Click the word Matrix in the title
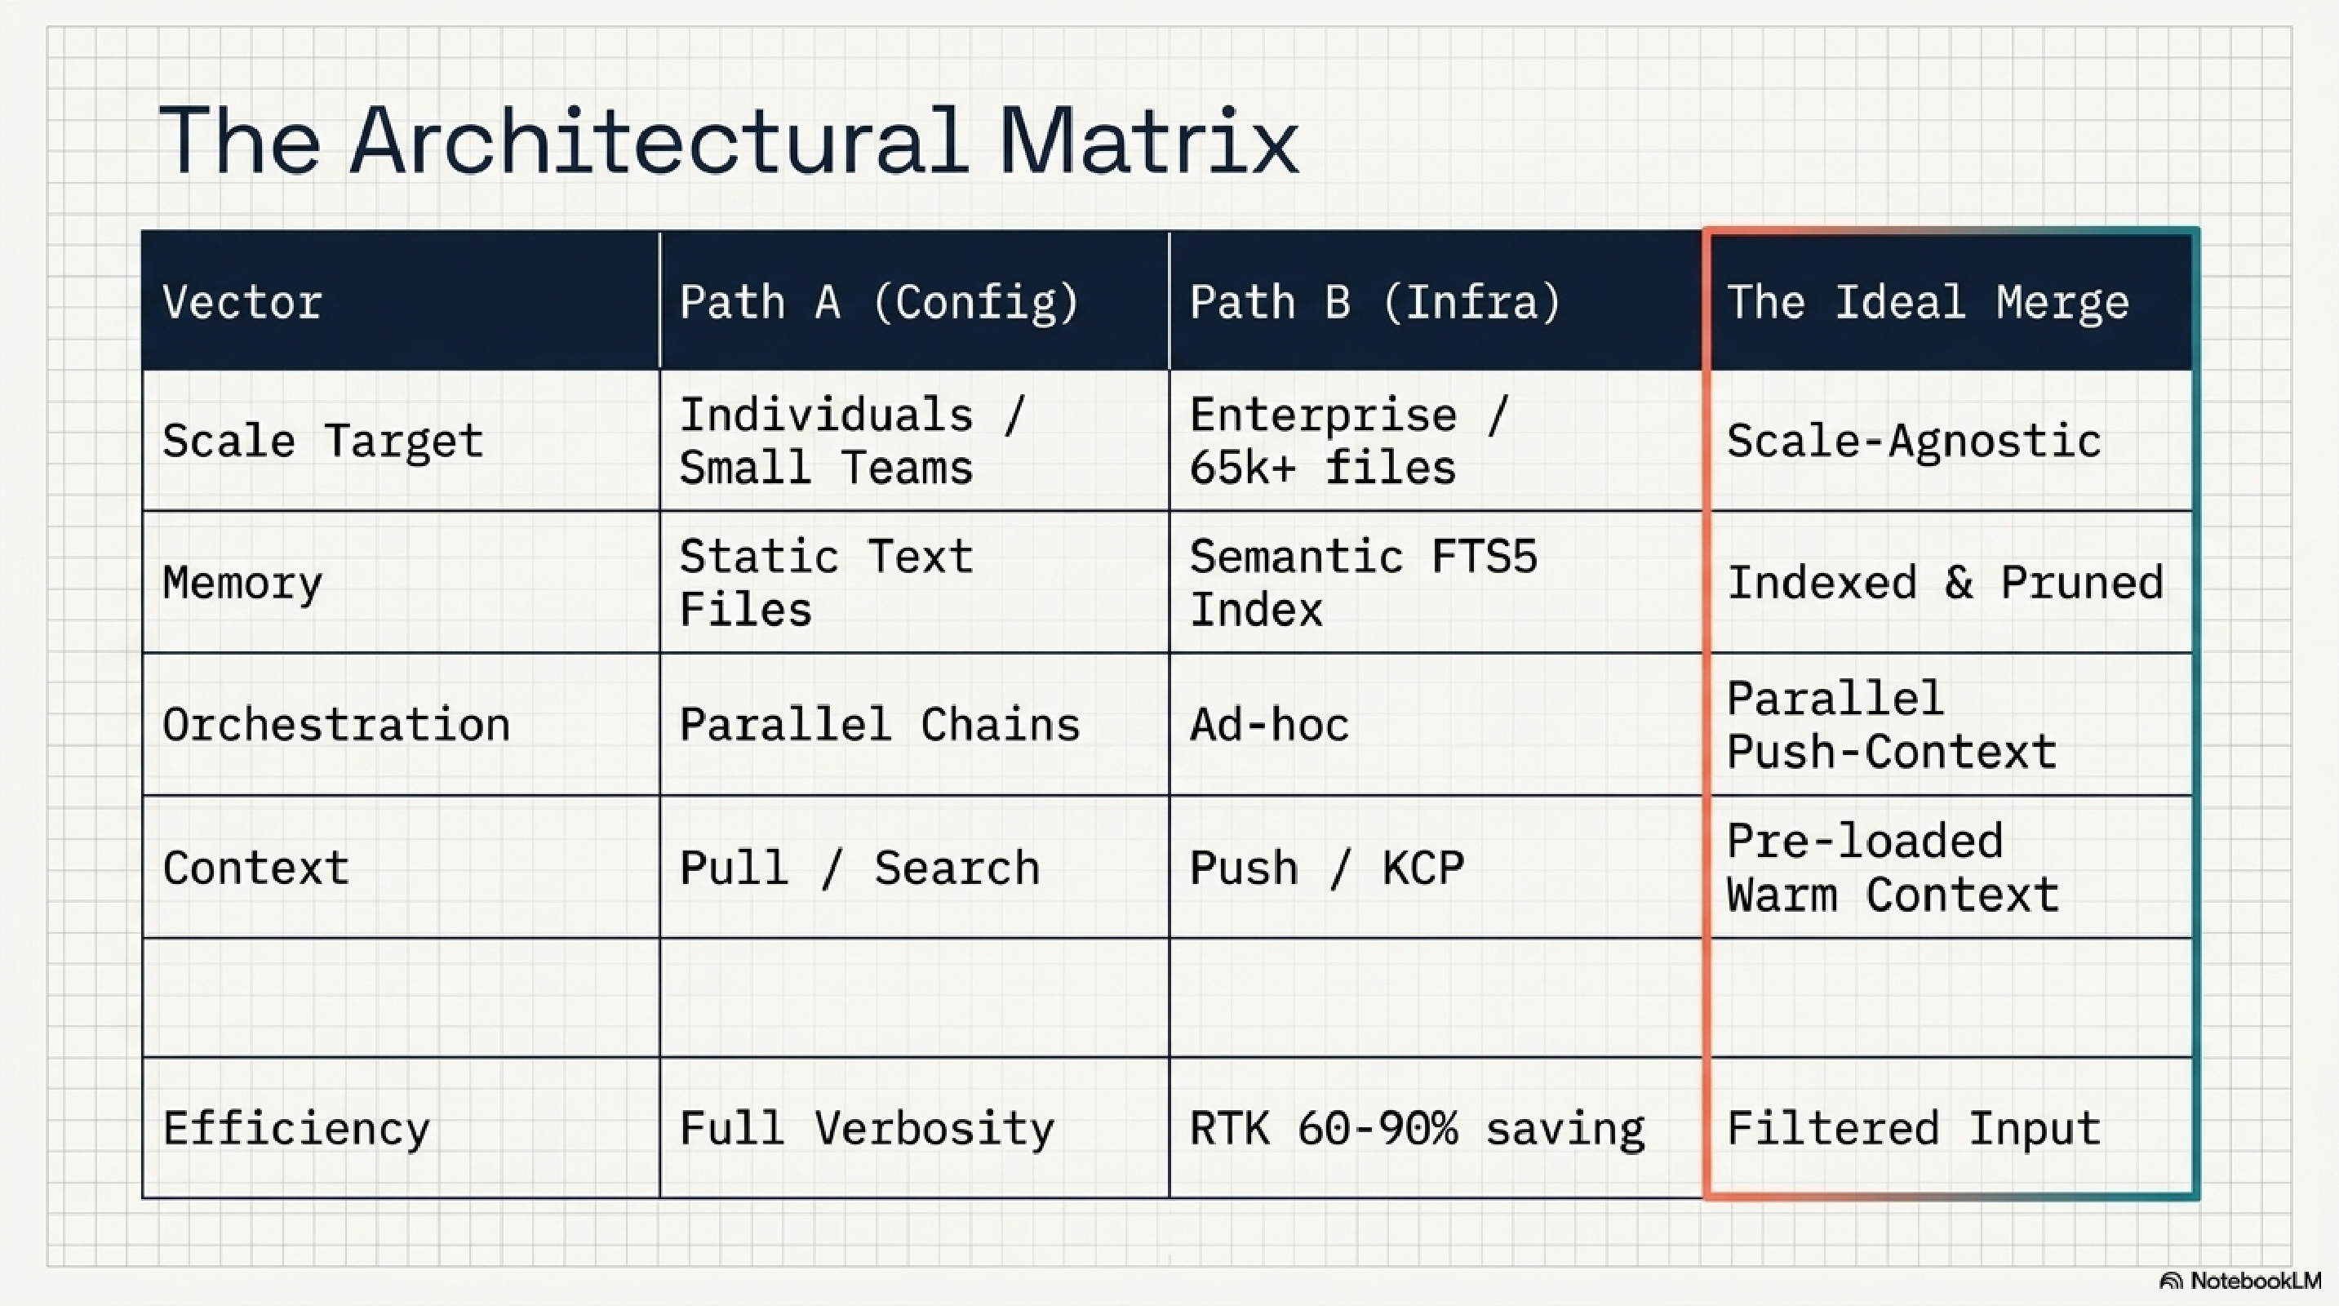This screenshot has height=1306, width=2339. tap(1147, 140)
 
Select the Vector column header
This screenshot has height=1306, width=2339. tap(242, 301)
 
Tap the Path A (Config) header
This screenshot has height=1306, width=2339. tap(879, 301)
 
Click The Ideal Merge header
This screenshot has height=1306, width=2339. tap(1927, 301)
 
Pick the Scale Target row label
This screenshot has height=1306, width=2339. tap(322, 442)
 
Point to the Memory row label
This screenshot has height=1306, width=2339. tap(242, 583)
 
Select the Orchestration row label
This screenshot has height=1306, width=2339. tap(336, 725)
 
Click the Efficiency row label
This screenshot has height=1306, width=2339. tap(296, 1129)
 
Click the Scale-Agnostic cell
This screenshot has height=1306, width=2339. tap(1913, 442)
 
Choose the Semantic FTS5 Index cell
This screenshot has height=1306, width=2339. tap(1363, 583)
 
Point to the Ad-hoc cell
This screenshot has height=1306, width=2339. tap(1269, 725)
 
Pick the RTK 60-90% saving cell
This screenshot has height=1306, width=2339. tap(1417, 1129)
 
